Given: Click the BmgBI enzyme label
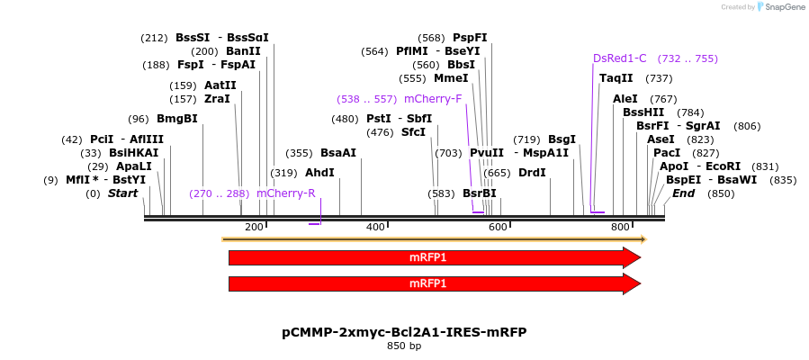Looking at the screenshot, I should click(x=176, y=119).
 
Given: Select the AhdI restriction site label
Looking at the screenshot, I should click(x=319, y=172).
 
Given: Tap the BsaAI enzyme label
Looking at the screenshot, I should click(x=338, y=153).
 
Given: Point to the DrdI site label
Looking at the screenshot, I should click(x=532, y=172).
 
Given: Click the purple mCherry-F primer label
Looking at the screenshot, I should click(x=433, y=99).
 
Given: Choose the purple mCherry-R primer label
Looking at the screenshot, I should click(x=286, y=193).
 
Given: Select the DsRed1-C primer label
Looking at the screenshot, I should click(x=620, y=58).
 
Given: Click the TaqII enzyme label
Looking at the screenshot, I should click(x=616, y=78).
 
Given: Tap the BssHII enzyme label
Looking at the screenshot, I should click(x=644, y=112).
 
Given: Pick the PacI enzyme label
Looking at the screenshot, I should click(x=667, y=153).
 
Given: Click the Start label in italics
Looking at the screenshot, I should click(x=123, y=193).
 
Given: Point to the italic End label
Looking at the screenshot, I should click(x=684, y=193).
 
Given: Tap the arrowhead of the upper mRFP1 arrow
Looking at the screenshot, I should click(x=632, y=257).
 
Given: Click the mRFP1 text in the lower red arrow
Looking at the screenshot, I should click(x=427, y=284).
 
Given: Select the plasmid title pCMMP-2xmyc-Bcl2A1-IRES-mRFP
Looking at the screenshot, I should click(x=404, y=332).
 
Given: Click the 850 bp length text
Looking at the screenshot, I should click(x=404, y=346).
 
